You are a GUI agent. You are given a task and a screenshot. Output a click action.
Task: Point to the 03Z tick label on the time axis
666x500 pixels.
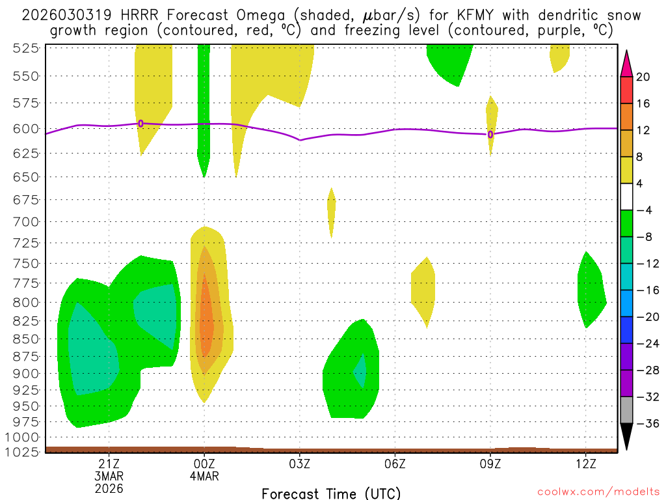point(299,464)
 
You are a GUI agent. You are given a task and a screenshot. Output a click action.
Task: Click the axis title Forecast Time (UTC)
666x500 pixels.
point(331,493)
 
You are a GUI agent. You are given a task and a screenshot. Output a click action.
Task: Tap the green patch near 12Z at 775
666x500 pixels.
point(591,290)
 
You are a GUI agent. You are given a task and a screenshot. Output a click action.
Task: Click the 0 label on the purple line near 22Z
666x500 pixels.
point(140,124)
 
